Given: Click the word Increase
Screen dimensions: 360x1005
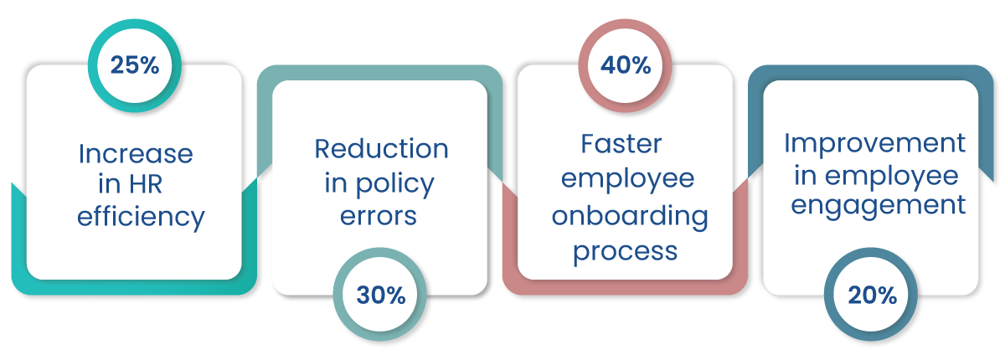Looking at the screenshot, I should (136, 154).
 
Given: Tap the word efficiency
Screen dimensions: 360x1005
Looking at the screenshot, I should (141, 218).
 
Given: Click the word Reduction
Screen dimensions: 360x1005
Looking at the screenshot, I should (381, 149).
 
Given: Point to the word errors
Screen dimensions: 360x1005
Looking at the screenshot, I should (379, 215).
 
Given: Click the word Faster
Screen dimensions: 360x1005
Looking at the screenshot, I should (621, 144).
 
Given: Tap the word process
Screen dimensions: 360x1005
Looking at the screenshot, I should (625, 249).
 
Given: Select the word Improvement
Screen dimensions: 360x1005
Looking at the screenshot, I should (874, 143).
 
